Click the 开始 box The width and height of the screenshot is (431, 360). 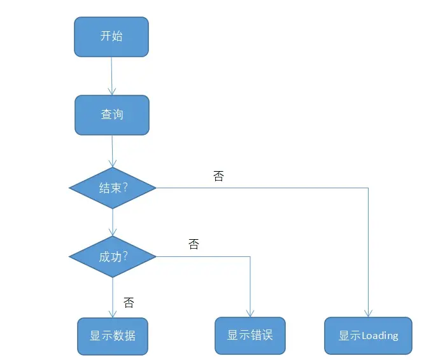111,36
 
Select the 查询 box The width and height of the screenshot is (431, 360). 112,114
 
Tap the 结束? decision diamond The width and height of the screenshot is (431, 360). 113,188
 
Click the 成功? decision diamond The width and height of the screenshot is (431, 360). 113,257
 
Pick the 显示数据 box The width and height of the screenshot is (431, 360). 113,336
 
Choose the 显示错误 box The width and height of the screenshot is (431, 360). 250,335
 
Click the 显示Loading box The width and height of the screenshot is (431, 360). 368,336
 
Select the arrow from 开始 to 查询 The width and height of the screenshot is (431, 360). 111,76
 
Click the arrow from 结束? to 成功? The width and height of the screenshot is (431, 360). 113,222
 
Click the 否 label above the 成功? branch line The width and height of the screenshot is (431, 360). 194,244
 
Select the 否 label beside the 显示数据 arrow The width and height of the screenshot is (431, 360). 129,303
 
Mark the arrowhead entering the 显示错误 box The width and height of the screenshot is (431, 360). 250,314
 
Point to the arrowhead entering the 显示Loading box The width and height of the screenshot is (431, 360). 368,313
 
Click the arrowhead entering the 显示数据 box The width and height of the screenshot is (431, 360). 113,314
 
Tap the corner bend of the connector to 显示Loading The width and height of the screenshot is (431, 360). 368,188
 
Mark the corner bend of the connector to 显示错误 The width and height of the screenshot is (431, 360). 250,257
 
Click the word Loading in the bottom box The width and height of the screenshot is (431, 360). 380,336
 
